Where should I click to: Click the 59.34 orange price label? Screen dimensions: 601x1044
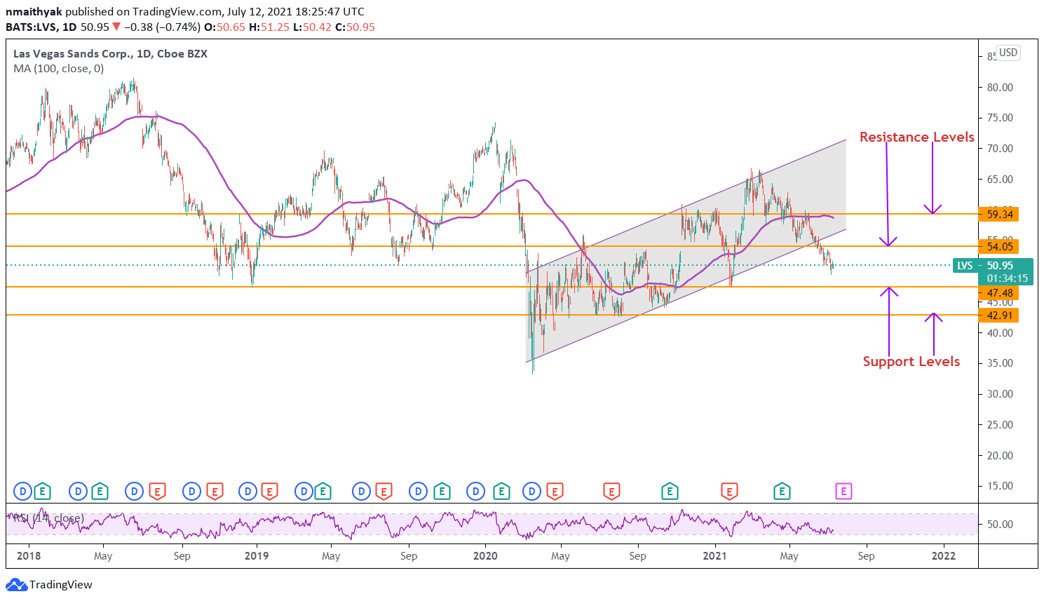tap(999, 215)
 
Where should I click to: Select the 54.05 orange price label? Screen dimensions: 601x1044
tap(999, 246)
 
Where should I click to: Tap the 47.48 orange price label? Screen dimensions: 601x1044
tap(999, 293)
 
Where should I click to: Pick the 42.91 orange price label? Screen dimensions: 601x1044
tap(999, 316)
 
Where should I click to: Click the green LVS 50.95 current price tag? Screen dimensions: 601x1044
tap(993, 271)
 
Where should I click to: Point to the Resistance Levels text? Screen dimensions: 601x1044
tap(916, 137)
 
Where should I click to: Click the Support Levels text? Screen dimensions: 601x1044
tap(911, 362)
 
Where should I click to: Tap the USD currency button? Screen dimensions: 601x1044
tap(1008, 53)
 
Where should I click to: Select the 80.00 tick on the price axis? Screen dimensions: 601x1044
tap(1000, 88)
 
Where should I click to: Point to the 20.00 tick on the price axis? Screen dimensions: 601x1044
tap(1000, 456)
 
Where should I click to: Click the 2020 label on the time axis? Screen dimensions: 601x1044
tap(485, 556)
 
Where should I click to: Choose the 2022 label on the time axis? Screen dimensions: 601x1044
tap(943, 556)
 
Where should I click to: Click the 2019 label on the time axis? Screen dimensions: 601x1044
tap(257, 556)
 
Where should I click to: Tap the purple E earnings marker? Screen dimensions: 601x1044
tap(843, 492)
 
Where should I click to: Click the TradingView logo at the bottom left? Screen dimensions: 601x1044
tap(50, 585)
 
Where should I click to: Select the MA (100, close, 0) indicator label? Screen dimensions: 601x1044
tap(59, 69)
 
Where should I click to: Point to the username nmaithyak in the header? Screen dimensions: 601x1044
tap(34, 12)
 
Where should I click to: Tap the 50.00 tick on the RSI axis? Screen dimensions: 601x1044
tap(1000, 525)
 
